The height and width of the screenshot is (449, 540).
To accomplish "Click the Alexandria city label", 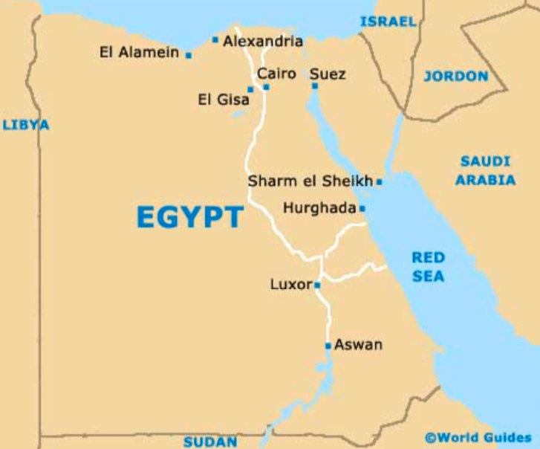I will coord(263,42).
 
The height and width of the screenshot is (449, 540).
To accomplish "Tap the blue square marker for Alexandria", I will coord(215,40).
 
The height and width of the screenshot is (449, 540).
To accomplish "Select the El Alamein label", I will coord(140,52).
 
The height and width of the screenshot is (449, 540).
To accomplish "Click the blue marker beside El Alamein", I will coord(189,55).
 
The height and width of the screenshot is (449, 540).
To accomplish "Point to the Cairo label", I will coord(276,74).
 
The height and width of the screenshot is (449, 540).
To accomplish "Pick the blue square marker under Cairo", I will coord(266,88).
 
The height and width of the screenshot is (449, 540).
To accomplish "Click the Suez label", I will coord(328,74).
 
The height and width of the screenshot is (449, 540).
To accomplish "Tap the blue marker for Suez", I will coord(315,86).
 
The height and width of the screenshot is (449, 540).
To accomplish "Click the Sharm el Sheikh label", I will coord(310,181).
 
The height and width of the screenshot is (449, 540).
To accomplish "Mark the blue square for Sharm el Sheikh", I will coord(379,181).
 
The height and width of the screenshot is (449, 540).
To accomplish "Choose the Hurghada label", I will coord(319,209).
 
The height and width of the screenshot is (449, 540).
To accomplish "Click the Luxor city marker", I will coord(317,285).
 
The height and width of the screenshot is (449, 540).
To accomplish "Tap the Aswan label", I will coord(358,345).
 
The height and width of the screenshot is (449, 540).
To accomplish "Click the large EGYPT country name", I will coord(190,217).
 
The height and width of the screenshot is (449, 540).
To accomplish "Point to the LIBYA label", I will coord(26,125).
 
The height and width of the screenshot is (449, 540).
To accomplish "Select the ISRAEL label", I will coord(388,22).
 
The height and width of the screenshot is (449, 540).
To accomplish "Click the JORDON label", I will coord(456,76).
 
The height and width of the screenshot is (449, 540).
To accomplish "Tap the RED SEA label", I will coord(429,267).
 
